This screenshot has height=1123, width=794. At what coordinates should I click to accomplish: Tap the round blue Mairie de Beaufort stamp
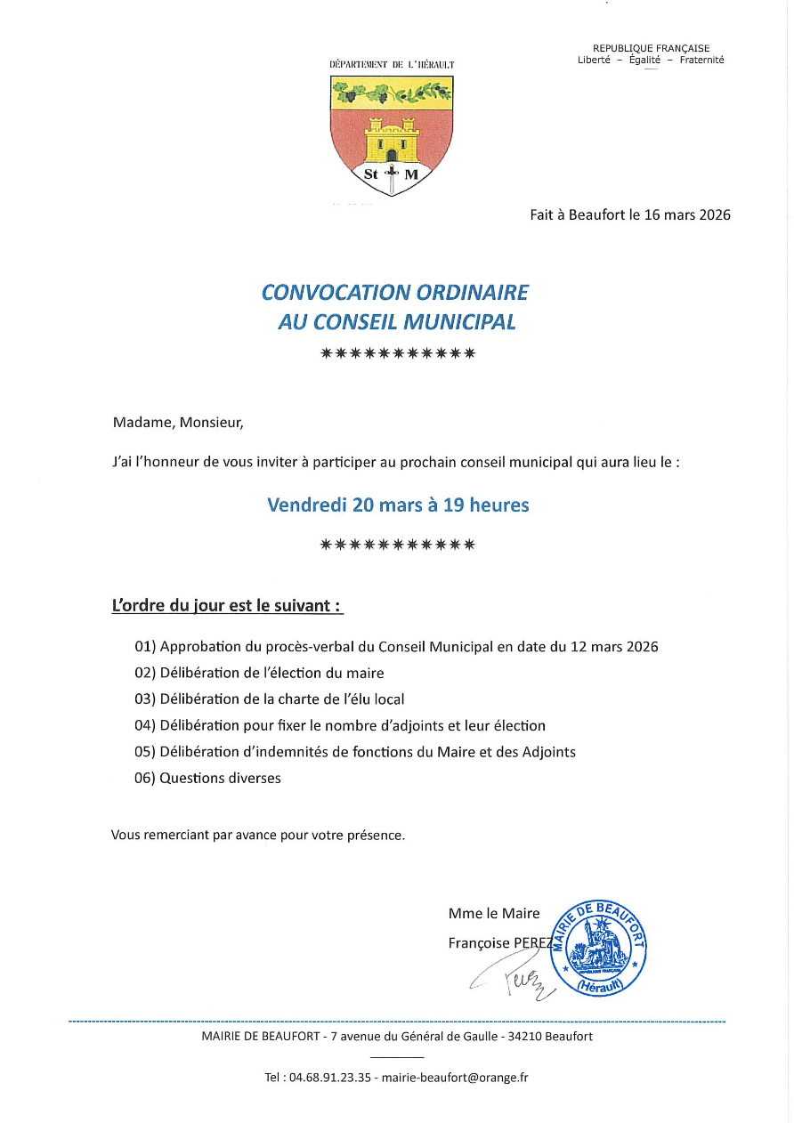(x=598, y=947)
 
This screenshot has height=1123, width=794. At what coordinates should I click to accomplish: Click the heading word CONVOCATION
(x=325, y=293)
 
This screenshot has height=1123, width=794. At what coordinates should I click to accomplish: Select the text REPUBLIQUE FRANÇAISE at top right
(x=651, y=48)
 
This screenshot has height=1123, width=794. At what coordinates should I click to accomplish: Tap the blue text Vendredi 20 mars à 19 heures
(x=398, y=505)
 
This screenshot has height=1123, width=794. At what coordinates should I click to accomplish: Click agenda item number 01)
(x=145, y=647)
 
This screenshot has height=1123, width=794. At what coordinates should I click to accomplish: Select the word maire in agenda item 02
(x=366, y=674)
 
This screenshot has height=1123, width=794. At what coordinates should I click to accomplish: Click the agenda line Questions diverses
(x=220, y=779)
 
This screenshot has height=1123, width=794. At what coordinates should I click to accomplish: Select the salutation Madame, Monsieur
(x=177, y=424)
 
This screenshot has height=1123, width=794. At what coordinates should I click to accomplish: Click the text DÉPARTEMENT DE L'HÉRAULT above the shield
(x=392, y=65)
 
